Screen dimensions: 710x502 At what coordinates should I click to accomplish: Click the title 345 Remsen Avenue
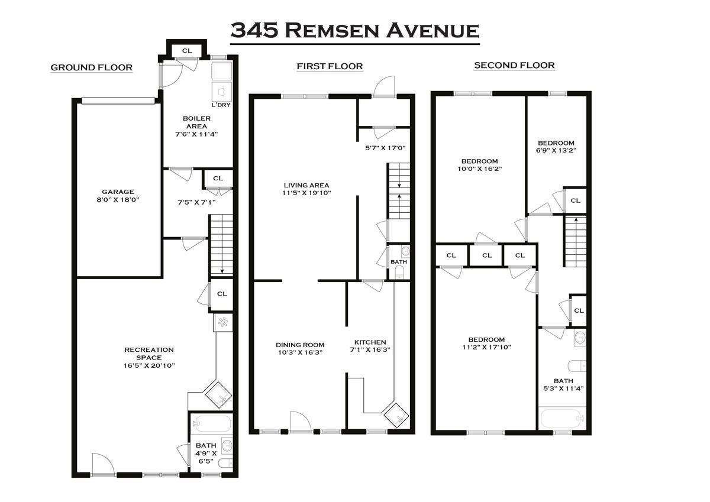coord(354,30)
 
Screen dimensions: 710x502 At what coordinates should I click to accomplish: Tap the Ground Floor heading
coord(92,67)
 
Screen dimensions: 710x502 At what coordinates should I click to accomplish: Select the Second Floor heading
coord(514,65)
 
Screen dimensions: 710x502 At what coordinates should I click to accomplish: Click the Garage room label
coord(118,192)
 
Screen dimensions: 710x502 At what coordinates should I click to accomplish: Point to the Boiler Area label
coord(196,122)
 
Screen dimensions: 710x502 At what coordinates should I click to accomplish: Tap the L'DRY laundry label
coord(221,105)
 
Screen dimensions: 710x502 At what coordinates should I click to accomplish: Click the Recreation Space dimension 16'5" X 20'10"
coord(149,365)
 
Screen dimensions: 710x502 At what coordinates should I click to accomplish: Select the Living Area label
coord(306,185)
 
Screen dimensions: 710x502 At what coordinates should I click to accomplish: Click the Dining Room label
coord(300,345)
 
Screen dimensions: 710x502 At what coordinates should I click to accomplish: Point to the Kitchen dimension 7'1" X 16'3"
coord(370,349)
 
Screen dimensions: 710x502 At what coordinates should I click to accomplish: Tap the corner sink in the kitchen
coord(396,415)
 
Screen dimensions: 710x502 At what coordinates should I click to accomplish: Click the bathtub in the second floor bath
coord(561,419)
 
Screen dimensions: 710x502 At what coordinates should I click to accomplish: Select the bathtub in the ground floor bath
coord(211,423)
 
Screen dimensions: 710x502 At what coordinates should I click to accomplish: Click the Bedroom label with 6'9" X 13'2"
coord(556,143)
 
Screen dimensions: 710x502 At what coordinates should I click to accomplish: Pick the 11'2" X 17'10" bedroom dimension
coord(487,347)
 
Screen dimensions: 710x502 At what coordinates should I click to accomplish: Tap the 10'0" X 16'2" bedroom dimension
coord(480,169)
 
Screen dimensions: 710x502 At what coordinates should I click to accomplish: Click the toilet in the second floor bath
coord(576,366)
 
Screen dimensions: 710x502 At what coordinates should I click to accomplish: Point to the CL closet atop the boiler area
coord(187,51)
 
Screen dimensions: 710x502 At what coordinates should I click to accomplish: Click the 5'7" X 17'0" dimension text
coord(385,148)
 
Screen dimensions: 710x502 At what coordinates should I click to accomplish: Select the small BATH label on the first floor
coord(399,262)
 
